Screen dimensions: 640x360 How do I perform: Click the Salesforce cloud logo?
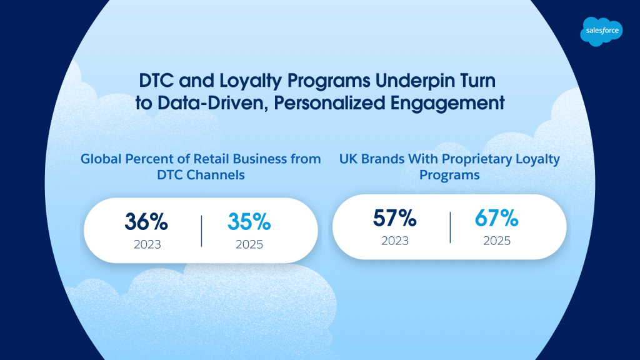pos(601,31)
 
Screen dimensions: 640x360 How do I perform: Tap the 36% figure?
pos(146,222)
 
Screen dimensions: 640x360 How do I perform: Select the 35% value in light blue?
pos(249,222)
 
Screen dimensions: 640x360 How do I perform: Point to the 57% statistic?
pos(395,218)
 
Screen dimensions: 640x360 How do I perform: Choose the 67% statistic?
pos(496,218)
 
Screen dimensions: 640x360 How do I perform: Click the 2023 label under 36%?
pos(147,244)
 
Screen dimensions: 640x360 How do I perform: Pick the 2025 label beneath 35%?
pos(249,244)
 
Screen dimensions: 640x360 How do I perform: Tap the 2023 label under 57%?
pos(395,241)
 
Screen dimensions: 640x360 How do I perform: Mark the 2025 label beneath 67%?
pos(497,241)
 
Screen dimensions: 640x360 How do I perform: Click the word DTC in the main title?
pos(157,81)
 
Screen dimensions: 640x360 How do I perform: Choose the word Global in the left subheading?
pos(101,159)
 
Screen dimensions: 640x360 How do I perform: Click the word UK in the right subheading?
pos(348,159)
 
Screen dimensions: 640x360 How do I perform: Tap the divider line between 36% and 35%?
pos(202,231)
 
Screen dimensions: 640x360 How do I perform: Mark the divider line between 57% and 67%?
pos(450,227)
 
